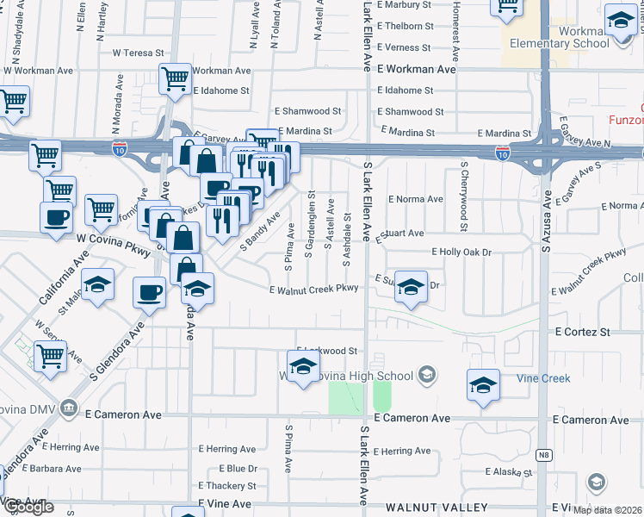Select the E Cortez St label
(582, 332)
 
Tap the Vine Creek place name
(543, 378)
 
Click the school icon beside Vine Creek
(484, 387)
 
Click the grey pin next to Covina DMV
(71, 408)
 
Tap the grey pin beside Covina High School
(428, 375)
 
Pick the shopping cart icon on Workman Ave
(175, 79)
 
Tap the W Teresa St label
(138, 53)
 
